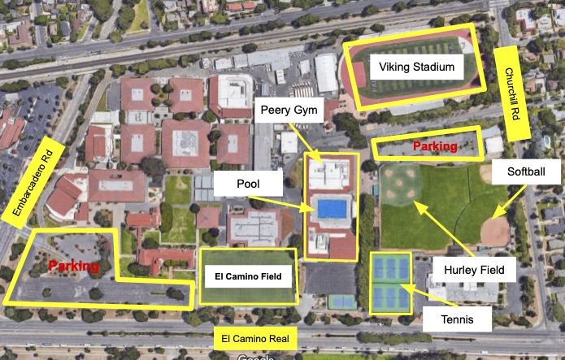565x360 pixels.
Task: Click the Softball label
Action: [521, 172]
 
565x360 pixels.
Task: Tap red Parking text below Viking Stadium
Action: [434, 147]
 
